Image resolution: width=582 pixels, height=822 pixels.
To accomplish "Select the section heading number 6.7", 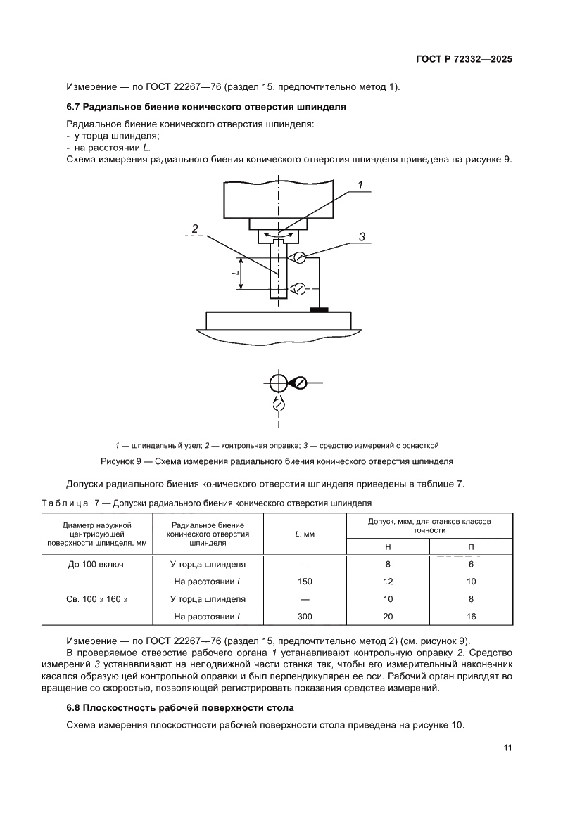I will click(x=74, y=107).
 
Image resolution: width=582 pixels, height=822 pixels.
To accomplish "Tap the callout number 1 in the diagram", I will click(x=360, y=186).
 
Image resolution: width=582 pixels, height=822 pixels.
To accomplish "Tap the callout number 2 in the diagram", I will click(x=194, y=229).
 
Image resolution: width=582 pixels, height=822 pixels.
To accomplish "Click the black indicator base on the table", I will click(x=320, y=309).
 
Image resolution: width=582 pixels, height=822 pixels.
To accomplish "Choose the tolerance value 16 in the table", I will click(x=471, y=617).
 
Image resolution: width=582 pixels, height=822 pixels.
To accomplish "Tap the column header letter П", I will click(x=471, y=546).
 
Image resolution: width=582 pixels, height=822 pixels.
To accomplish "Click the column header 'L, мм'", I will click(x=304, y=535).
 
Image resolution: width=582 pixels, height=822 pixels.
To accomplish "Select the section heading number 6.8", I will click(x=74, y=707).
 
